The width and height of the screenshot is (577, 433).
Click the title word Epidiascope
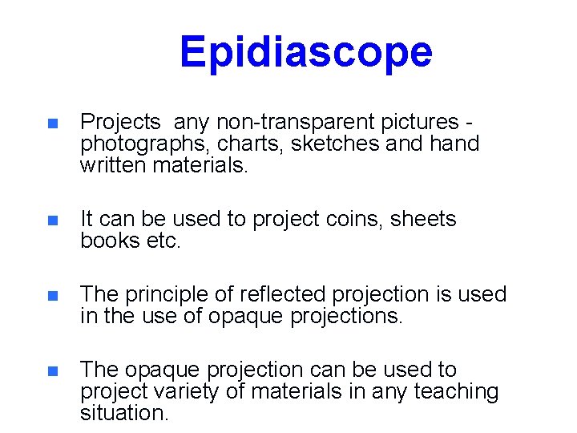coord(305,52)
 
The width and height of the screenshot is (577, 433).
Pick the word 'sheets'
coord(423,220)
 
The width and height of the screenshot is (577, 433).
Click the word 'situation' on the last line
coord(124,413)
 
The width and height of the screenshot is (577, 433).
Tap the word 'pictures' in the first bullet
coord(418,123)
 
